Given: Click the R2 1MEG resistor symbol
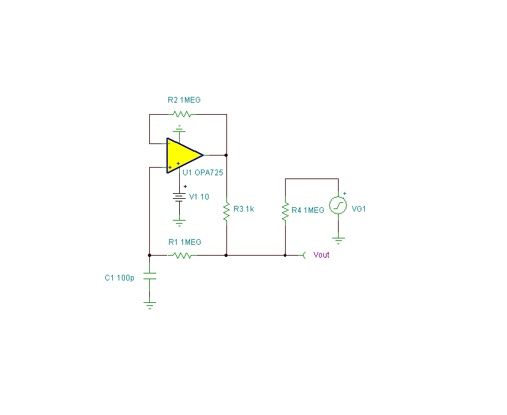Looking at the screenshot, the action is point(182,114).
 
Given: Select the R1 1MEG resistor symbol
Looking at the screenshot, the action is point(182,256).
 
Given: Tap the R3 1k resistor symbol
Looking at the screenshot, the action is point(226,211).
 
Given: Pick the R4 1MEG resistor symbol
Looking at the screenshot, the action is point(285,211).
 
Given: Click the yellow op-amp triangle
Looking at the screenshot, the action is point(182,156).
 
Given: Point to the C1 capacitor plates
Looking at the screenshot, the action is point(149,276).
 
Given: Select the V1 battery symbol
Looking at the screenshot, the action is point(179,197).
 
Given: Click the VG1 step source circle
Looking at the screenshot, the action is point(338,205).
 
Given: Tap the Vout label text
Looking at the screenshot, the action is point(321,255).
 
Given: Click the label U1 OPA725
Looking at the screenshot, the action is point(203,173).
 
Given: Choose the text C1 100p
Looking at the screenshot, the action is point(119,278).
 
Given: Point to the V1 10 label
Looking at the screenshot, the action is point(199,197).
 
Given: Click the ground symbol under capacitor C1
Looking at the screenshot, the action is point(150,305).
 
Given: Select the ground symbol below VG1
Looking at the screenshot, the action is point(338,240).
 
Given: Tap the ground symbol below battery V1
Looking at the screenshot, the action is point(179,222).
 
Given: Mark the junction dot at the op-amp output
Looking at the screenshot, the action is point(226,155).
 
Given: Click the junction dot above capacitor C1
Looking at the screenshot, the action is point(149,256).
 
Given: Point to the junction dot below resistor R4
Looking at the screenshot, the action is point(285,256).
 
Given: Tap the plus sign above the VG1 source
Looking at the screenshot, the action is point(344,194).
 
